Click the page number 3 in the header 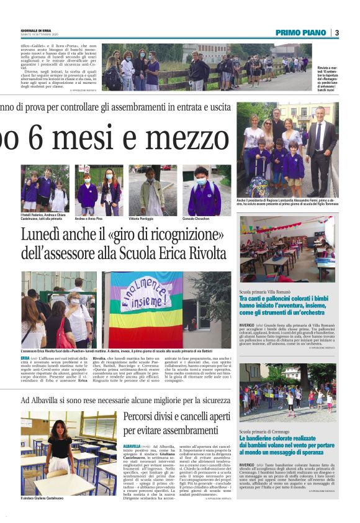[x=337, y=32]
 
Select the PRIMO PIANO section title [x=302, y=32]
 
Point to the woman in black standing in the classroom [x=63, y=448]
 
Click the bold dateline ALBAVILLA [x=132, y=446]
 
